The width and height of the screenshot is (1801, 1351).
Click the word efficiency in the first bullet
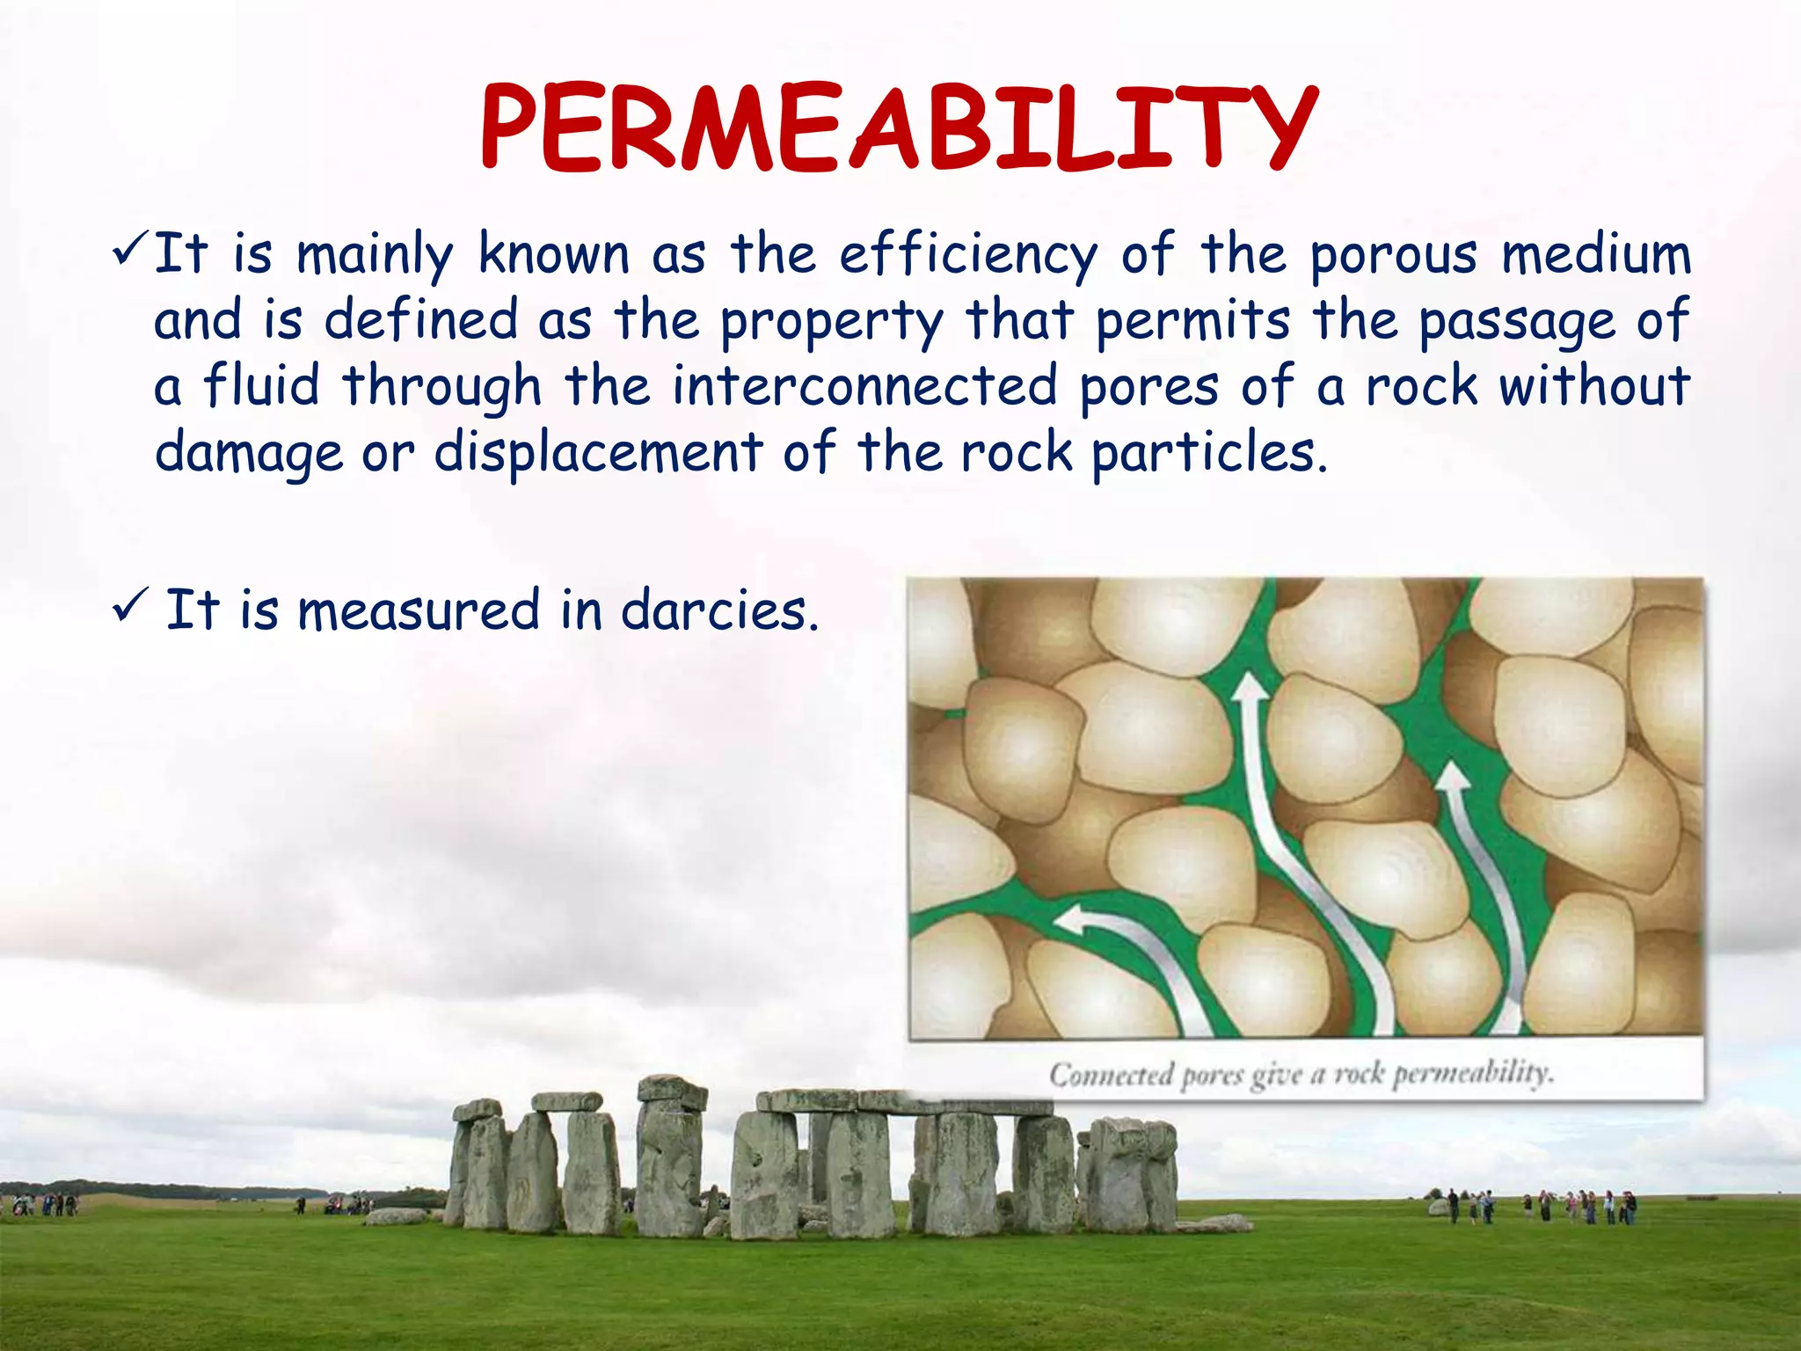point(968,255)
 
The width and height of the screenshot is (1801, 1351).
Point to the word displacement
point(598,454)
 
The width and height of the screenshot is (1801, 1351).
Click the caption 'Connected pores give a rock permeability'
point(1302,1075)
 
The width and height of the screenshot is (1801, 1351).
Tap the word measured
point(419,610)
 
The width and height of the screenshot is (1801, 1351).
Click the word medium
point(1596,255)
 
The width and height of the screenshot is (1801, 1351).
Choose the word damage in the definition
point(249,454)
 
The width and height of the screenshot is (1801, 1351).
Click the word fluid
point(261,387)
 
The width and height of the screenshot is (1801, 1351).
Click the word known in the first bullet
point(553,255)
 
